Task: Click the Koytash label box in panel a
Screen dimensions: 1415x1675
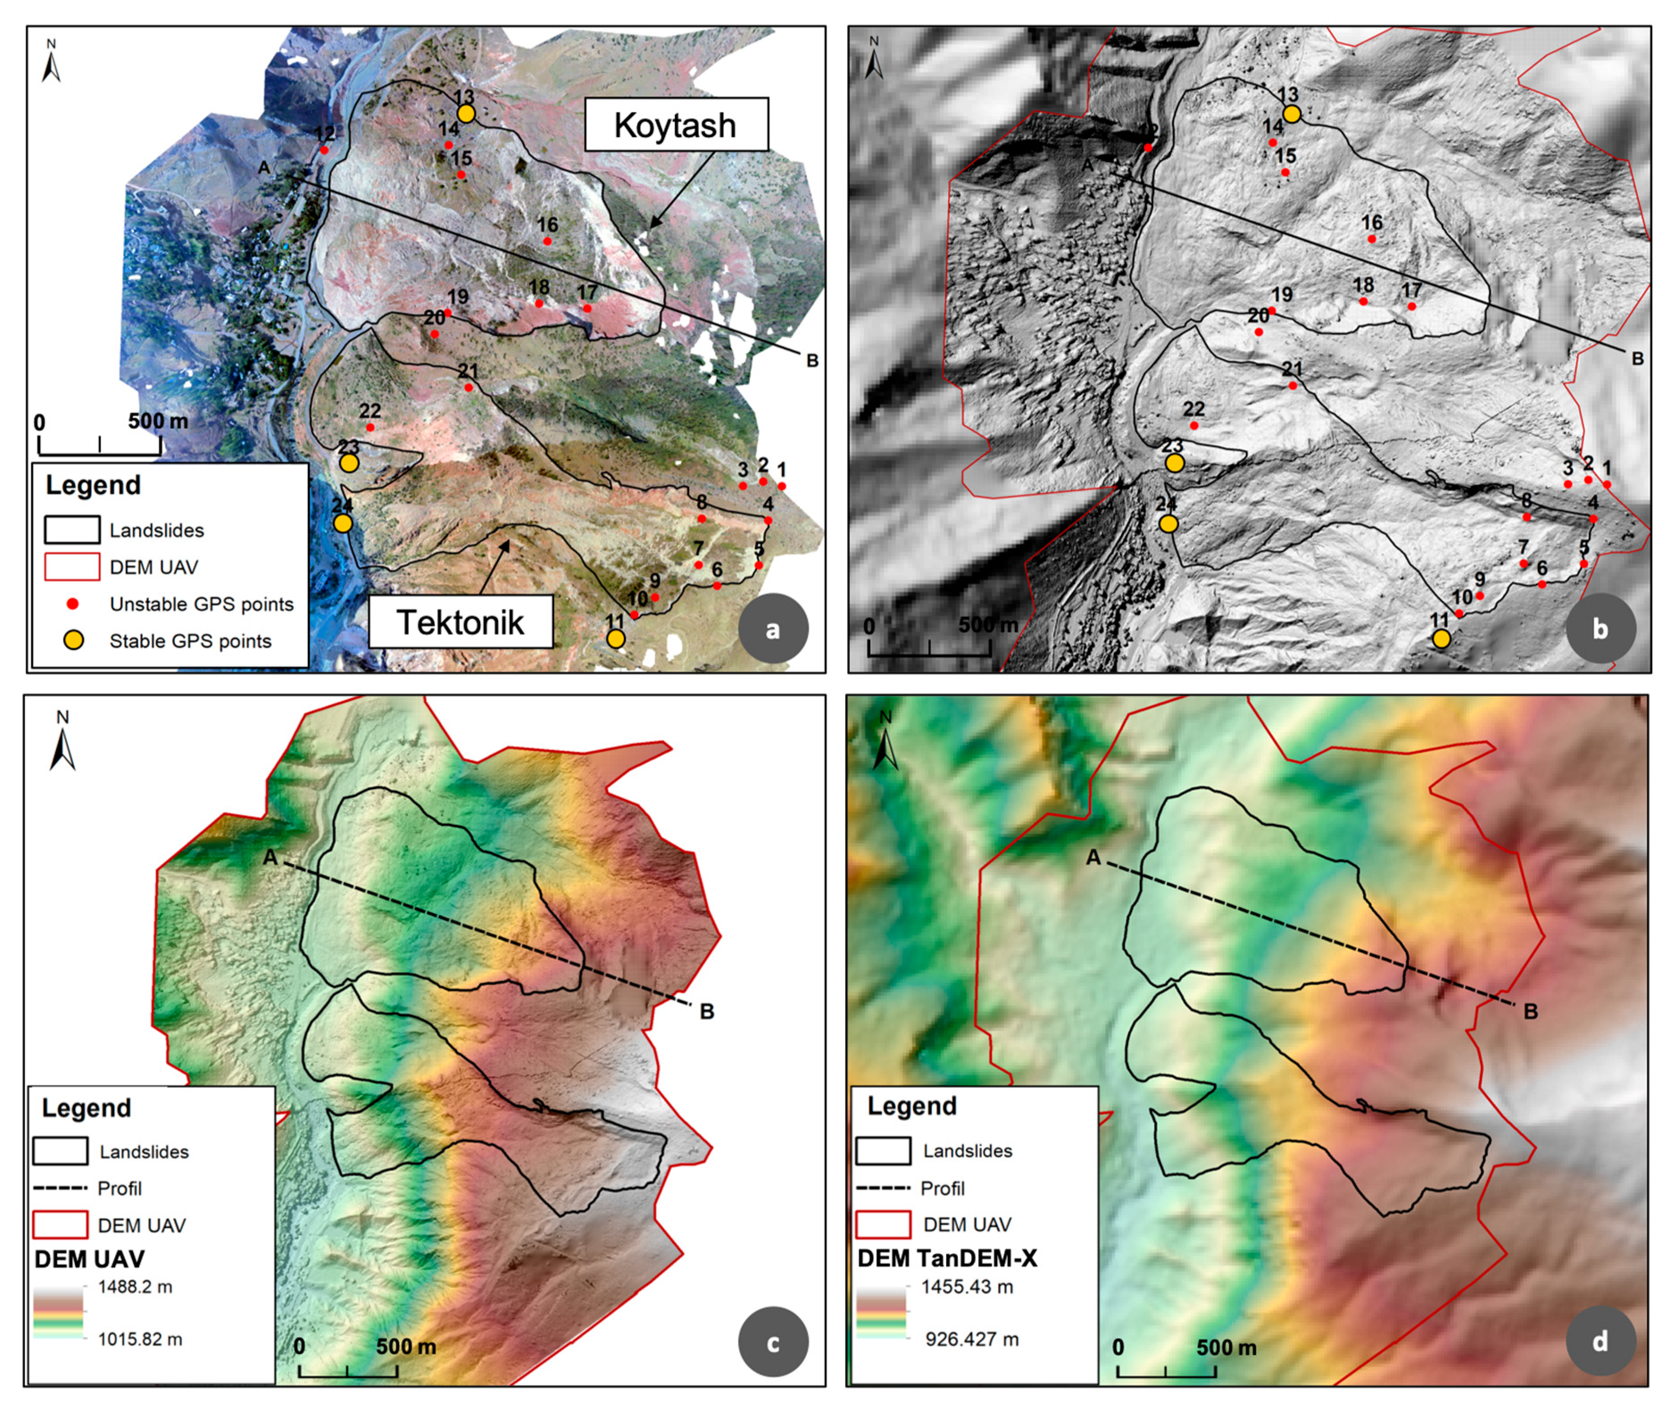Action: pyautogui.click(x=675, y=125)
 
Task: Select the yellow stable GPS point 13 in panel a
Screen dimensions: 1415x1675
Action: pyautogui.click(x=466, y=114)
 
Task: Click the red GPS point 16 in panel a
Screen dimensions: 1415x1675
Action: pyautogui.click(x=547, y=241)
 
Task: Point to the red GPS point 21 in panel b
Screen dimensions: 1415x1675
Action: pyautogui.click(x=1293, y=386)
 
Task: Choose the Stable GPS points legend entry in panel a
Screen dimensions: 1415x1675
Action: pyautogui.click(x=190, y=641)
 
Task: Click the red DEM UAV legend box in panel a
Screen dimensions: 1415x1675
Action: pyautogui.click(x=72, y=567)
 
